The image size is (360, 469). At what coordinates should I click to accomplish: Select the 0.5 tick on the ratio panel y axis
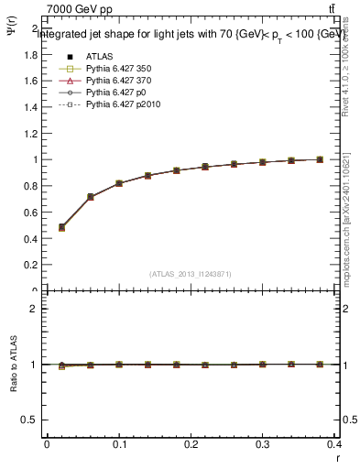coord(30,420)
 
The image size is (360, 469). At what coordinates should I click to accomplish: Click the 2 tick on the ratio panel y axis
coord(34,309)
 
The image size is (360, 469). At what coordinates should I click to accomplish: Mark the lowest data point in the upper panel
coord(61,227)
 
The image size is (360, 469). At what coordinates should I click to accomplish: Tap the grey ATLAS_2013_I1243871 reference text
coord(191,274)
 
